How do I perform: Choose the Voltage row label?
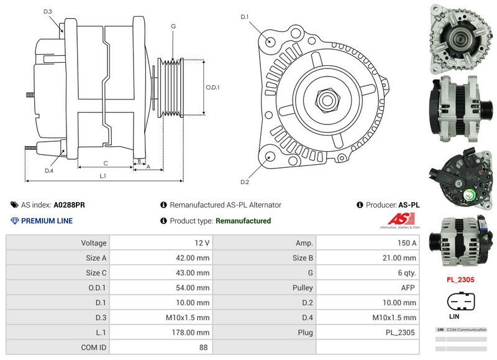94,243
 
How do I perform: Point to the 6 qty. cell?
406,273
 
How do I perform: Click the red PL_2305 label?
460,280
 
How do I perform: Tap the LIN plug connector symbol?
460,302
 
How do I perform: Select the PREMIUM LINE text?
47,221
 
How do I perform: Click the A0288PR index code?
70,205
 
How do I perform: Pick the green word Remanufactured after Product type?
243,221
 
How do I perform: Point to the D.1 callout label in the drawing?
245,16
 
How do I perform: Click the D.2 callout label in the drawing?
245,182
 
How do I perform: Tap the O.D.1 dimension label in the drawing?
213,87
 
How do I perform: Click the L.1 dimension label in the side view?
103,175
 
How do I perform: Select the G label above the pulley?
173,26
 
